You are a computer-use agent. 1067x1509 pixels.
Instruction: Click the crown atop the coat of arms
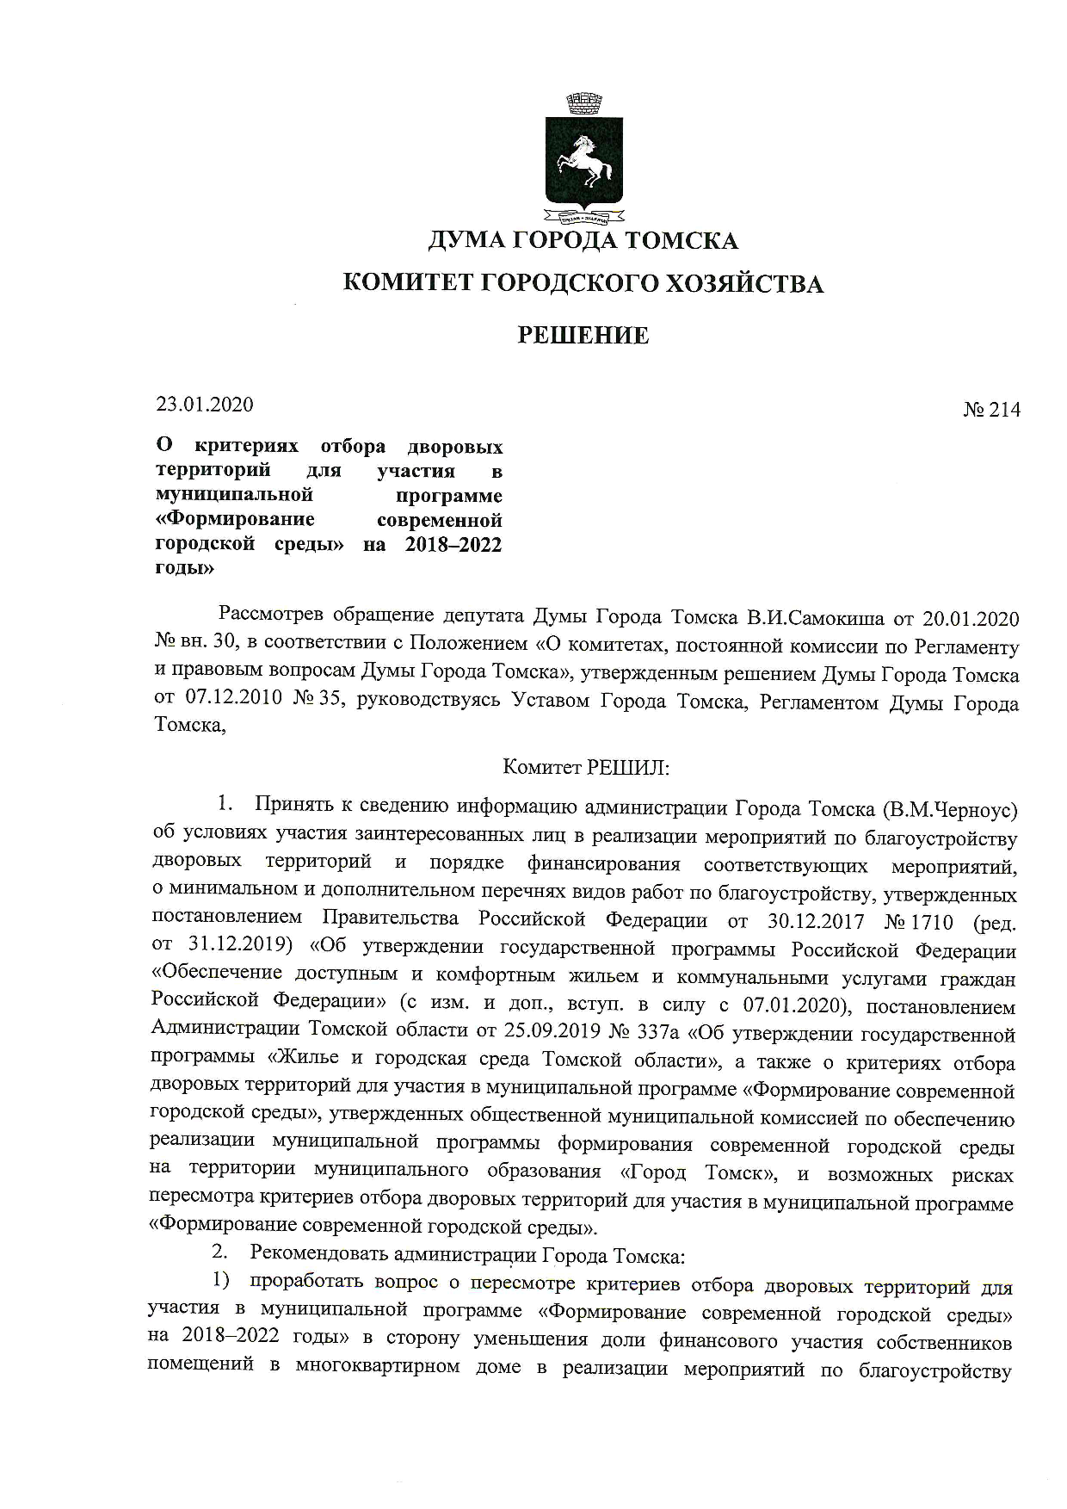pos(583,106)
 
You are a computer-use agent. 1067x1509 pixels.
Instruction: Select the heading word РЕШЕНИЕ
pos(583,336)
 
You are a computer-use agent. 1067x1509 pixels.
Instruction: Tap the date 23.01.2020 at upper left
pos(205,404)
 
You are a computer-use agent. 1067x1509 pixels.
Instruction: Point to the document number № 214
pos(991,410)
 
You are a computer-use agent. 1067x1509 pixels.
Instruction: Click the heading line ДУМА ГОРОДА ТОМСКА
pos(583,240)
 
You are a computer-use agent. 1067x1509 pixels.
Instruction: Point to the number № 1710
pos(919,922)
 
